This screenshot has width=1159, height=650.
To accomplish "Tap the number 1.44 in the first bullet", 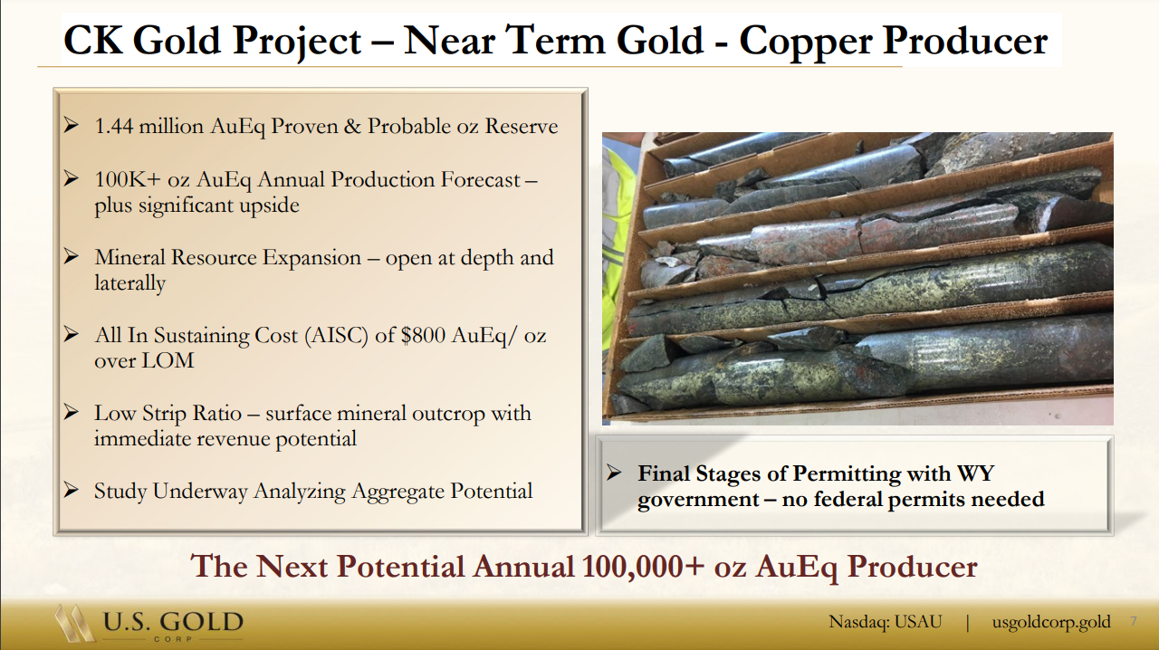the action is (x=113, y=126).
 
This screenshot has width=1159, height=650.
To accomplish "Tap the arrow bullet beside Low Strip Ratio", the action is (x=71, y=413).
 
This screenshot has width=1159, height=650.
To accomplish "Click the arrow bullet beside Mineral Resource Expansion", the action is (x=71, y=257).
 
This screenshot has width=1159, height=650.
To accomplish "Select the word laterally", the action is (x=129, y=283).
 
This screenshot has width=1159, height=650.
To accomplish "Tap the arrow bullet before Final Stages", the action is (x=614, y=473).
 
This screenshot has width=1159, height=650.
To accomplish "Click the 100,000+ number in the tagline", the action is (x=643, y=566).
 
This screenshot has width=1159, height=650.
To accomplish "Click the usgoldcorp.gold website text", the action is (x=1051, y=622).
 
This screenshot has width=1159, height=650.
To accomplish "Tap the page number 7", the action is (x=1134, y=621).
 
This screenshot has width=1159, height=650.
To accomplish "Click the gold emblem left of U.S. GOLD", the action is (x=73, y=623).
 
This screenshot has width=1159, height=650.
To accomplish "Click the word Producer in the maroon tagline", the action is (x=912, y=567).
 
